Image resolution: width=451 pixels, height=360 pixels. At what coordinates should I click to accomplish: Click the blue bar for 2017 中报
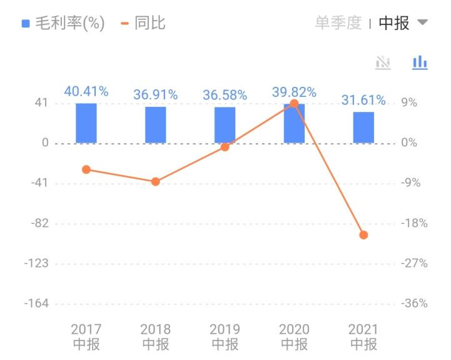click(x=86, y=123)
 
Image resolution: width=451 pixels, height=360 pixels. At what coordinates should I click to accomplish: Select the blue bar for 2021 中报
click(x=363, y=127)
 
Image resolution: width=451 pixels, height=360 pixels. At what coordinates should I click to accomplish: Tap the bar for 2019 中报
click(x=225, y=125)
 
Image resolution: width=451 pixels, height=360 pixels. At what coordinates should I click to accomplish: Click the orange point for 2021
click(x=363, y=235)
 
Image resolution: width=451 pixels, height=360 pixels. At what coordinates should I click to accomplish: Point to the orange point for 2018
click(x=156, y=182)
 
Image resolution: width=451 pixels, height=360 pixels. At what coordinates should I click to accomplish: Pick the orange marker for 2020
click(x=294, y=104)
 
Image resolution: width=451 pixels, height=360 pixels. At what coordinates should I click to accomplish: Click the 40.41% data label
click(x=86, y=92)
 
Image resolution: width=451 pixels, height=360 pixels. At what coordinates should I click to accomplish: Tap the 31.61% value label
click(x=363, y=101)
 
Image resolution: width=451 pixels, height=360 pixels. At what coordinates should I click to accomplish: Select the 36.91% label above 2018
click(x=156, y=95)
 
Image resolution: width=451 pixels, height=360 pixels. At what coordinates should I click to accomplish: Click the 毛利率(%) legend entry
click(x=63, y=24)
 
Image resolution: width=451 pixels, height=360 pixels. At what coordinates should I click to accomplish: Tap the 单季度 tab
click(x=338, y=24)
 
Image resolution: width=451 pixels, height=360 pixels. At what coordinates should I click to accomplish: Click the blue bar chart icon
click(x=420, y=62)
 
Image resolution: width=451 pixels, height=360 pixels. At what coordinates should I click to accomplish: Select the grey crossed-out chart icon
click(x=382, y=62)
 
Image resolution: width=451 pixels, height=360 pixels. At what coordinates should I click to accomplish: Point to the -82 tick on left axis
click(x=40, y=223)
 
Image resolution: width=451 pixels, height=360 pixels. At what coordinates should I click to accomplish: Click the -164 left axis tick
click(x=37, y=304)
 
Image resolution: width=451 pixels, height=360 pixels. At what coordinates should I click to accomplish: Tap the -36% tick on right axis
click(x=414, y=304)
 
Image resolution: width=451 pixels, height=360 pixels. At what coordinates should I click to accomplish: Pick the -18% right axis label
click(x=414, y=223)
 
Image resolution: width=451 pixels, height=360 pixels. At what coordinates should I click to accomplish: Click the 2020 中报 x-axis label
click(x=294, y=337)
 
